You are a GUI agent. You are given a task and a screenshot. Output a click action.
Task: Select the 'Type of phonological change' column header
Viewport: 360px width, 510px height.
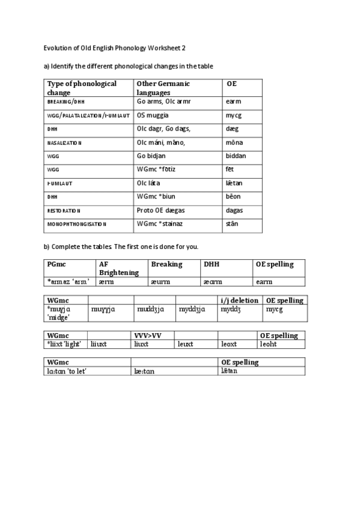click(82, 88)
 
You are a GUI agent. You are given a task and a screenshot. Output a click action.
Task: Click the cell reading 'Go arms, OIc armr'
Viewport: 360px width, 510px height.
click(163, 102)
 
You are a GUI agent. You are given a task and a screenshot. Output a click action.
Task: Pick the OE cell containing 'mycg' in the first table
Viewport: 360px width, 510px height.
click(234, 115)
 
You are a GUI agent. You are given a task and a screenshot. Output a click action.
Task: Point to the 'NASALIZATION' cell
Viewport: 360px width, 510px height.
click(64, 143)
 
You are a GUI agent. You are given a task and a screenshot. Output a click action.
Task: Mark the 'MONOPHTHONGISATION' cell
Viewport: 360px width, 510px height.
click(76, 224)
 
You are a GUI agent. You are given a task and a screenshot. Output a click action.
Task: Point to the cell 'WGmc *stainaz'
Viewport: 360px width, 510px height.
click(160, 224)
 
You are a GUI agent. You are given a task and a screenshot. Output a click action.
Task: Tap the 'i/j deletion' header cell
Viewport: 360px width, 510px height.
click(239, 300)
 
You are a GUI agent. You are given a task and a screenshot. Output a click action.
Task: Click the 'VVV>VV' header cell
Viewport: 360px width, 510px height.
click(147, 336)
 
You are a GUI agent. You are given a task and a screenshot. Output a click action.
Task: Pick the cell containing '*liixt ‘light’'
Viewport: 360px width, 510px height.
click(66, 344)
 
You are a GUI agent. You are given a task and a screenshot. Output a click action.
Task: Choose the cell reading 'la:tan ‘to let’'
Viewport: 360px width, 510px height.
click(67, 371)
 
